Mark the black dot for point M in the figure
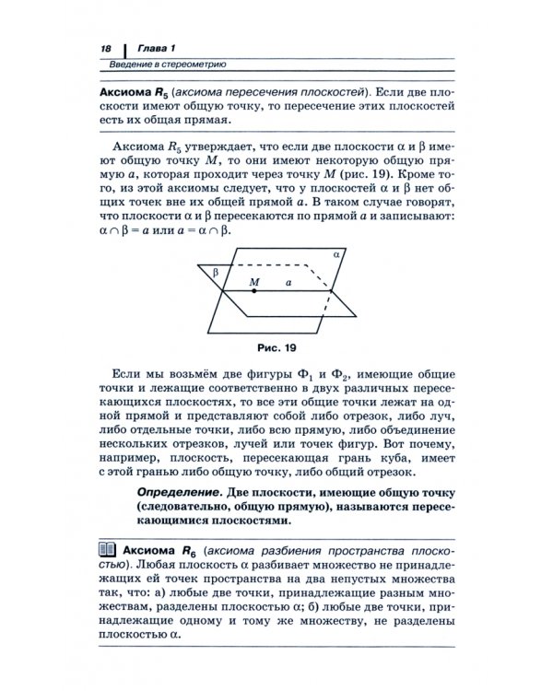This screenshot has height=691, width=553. coord(255,290)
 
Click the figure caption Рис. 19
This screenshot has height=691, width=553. coord(276,349)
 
